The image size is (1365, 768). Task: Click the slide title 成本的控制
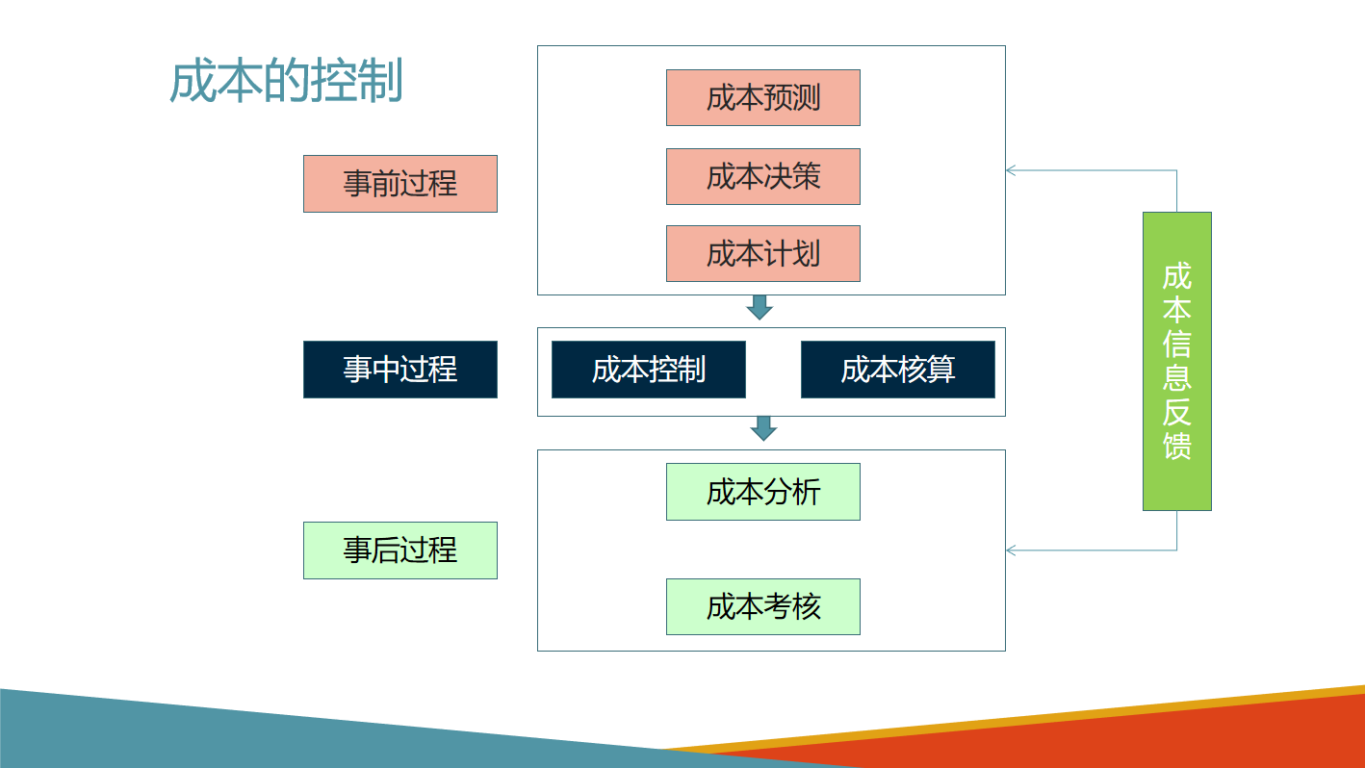286,82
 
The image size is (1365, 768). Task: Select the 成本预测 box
762,97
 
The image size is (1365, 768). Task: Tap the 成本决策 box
762,176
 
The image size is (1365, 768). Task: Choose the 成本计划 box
762,253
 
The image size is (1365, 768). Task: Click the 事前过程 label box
399,183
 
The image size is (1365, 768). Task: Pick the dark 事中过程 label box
399,369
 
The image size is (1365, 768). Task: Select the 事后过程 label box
399,550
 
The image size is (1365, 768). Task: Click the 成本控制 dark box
648,369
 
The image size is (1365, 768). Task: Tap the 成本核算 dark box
897,369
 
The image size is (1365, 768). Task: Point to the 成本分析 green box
762,492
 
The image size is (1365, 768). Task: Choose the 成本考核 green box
762,606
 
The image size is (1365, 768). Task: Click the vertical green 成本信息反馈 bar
1176,361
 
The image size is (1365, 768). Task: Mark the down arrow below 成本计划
760,307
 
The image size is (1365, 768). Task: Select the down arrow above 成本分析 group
763,428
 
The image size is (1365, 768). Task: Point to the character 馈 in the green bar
1176,446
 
